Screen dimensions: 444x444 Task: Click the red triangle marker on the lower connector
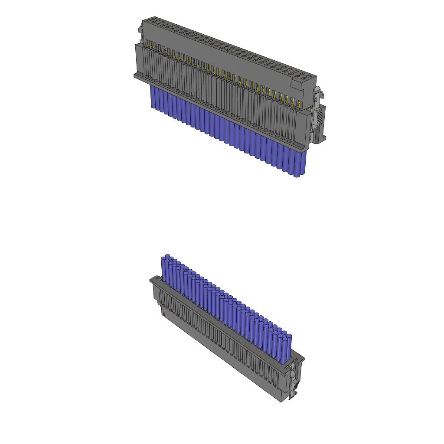click(164, 314)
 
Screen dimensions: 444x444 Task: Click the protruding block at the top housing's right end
click(302, 80)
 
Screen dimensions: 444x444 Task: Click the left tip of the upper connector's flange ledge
click(134, 76)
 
